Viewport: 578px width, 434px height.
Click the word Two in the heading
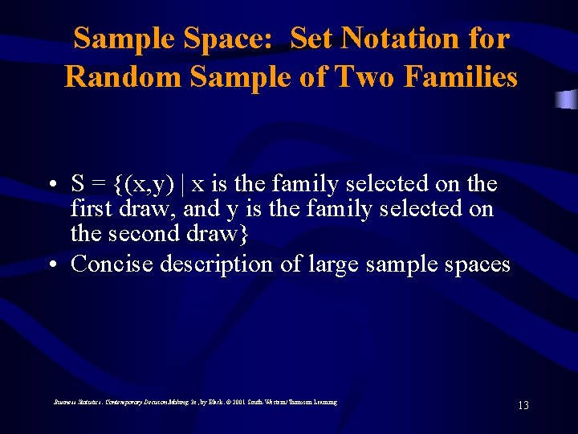coord(366,76)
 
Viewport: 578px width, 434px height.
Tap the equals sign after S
coord(100,185)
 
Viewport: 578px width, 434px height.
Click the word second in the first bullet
coord(141,233)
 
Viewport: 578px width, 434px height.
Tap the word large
coord(331,264)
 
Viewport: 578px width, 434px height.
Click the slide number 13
coord(523,405)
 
